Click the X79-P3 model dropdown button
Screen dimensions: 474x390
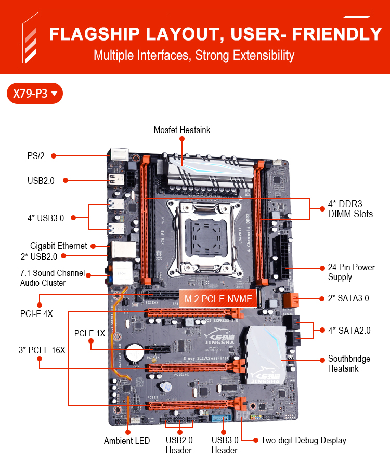[x=35, y=94]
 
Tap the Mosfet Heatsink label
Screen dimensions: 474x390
[x=182, y=130]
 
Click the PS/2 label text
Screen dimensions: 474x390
[x=36, y=155]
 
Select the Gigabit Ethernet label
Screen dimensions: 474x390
[x=59, y=246]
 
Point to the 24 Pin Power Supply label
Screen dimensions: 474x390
[x=351, y=272]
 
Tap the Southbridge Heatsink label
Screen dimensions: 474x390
[x=349, y=364]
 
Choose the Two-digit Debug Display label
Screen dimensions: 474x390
[x=304, y=440]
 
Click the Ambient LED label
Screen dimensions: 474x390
[x=127, y=441]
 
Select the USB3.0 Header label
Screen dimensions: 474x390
[x=225, y=445]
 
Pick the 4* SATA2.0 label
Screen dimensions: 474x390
[x=349, y=330]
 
